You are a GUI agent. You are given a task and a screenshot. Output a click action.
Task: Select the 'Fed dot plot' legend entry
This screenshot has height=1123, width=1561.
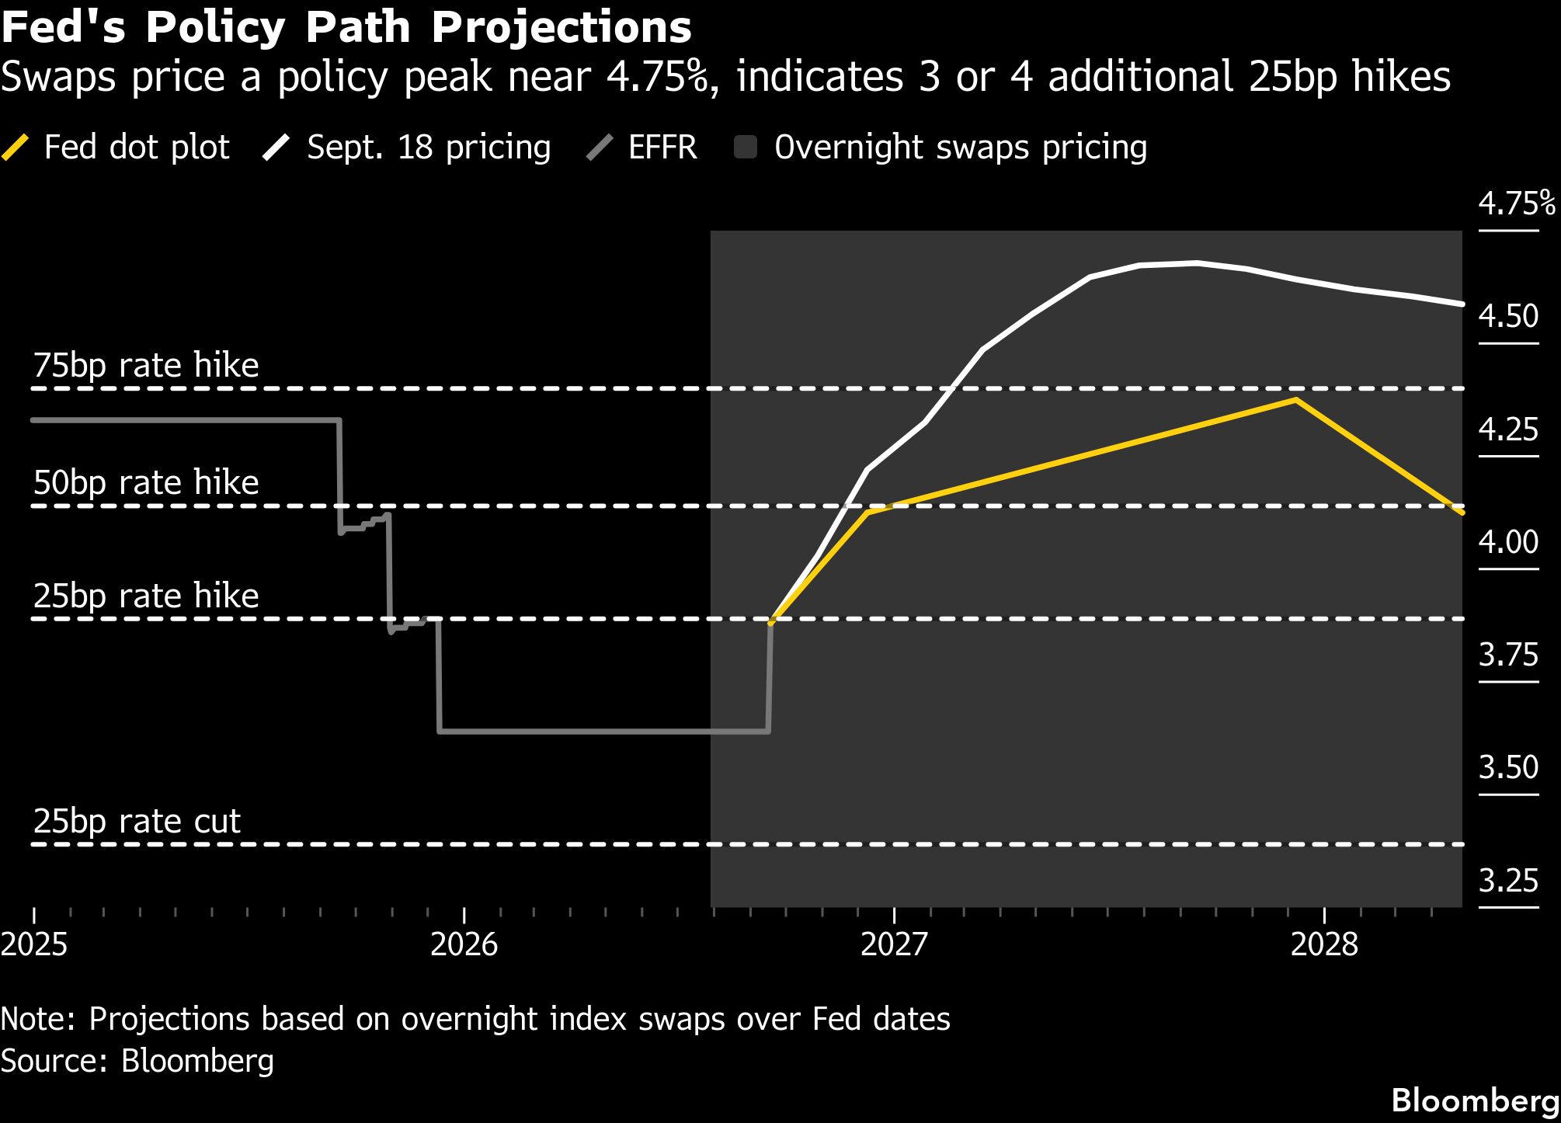[x=116, y=147]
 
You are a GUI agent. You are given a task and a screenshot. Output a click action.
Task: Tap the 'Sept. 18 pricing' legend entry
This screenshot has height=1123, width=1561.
[x=406, y=147]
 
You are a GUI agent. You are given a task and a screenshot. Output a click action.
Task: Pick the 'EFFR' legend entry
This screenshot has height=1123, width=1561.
[x=641, y=147]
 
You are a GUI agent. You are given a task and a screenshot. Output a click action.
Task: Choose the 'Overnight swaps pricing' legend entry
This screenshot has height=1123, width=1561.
[x=940, y=147]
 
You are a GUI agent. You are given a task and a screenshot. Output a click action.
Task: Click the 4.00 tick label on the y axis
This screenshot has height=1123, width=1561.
[x=1508, y=541]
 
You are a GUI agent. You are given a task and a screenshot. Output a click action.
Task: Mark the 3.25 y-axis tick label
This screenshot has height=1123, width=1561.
[x=1508, y=880]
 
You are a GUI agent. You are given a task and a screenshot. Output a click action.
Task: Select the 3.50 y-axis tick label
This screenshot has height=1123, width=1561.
[x=1508, y=767]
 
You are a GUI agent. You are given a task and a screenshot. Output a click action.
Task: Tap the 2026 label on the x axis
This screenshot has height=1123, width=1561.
[x=464, y=944]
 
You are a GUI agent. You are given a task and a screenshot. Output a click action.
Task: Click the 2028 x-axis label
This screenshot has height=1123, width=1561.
[x=1324, y=944]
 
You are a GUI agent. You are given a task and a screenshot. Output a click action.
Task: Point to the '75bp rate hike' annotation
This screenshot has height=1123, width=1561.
[x=146, y=365]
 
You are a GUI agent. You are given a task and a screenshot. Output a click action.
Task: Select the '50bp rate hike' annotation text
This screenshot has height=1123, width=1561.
[x=146, y=482]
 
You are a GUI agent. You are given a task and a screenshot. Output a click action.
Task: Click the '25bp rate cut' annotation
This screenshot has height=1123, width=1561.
[x=137, y=821]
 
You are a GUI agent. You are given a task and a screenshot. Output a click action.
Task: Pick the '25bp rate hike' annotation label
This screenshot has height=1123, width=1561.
[x=146, y=596]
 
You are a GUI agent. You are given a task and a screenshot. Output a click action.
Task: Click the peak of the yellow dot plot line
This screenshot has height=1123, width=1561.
[x=1295, y=400]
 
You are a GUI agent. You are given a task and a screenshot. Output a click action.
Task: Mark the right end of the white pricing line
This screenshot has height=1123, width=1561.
[x=1462, y=304]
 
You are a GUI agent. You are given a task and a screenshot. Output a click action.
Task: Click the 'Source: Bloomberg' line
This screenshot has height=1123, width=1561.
[x=137, y=1061]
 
